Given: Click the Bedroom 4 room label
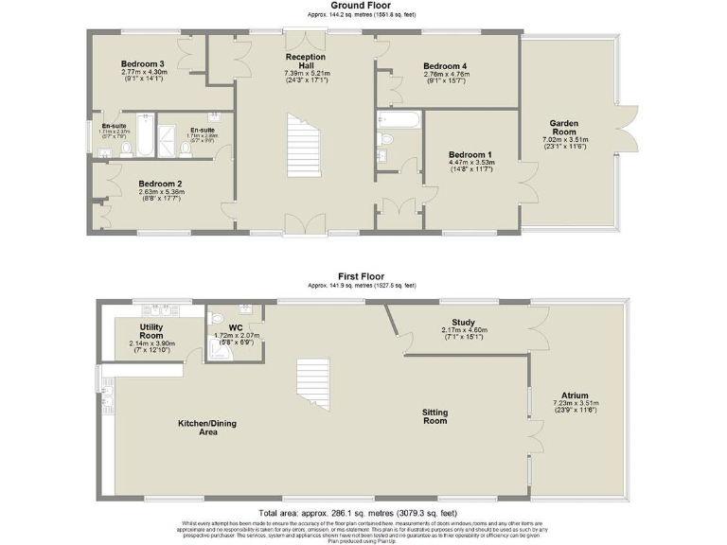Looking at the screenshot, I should pyautogui.click(x=447, y=65).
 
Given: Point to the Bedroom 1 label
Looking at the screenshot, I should pyautogui.click(x=470, y=154).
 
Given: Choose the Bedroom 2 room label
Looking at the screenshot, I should pyautogui.click(x=160, y=184).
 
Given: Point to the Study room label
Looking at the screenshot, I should pyautogui.click(x=463, y=322).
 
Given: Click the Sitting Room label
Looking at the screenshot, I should pyautogui.click(x=434, y=417).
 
